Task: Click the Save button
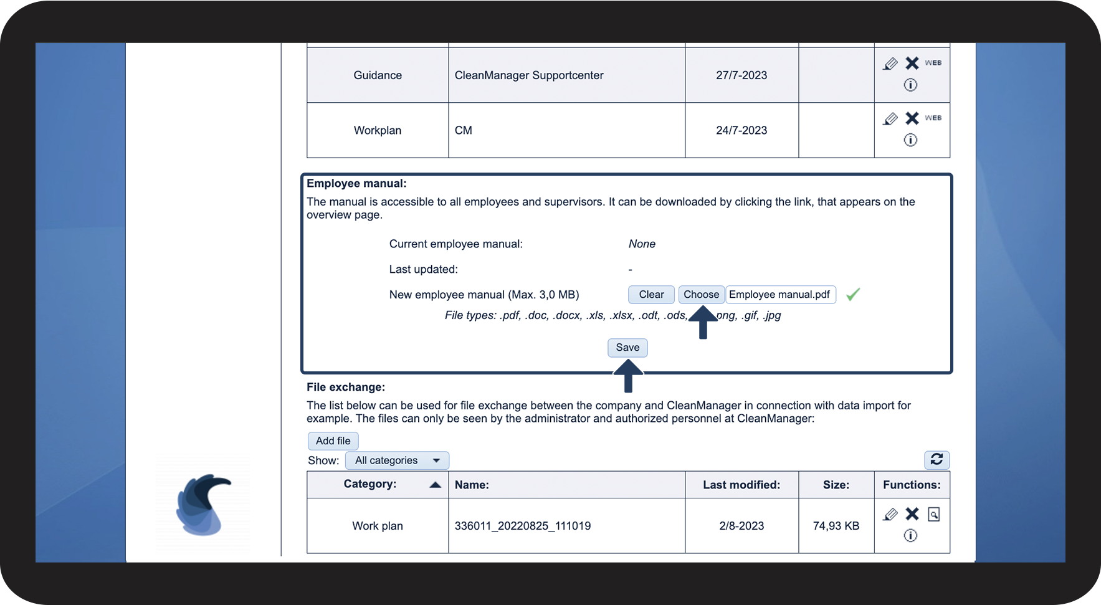click(627, 348)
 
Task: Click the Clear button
click(651, 295)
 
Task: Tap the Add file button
click(333, 441)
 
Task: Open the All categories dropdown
click(397, 460)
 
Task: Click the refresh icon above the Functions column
click(937, 460)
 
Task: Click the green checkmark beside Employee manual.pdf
click(853, 294)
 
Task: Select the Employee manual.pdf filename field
click(780, 295)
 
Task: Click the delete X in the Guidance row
click(912, 63)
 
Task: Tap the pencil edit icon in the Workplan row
click(890, 118)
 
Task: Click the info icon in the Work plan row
click(910, 536)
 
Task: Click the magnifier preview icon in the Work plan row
click(933, 514)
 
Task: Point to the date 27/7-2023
click(741, 75)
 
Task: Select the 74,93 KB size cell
click(836, 526)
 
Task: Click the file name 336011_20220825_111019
click(523, 526)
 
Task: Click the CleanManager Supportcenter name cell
click(529, 75)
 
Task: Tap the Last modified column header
click(741, 485)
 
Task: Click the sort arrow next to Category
click(436, 485)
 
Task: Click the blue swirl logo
click(203, 505)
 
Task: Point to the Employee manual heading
click(356, 184)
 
